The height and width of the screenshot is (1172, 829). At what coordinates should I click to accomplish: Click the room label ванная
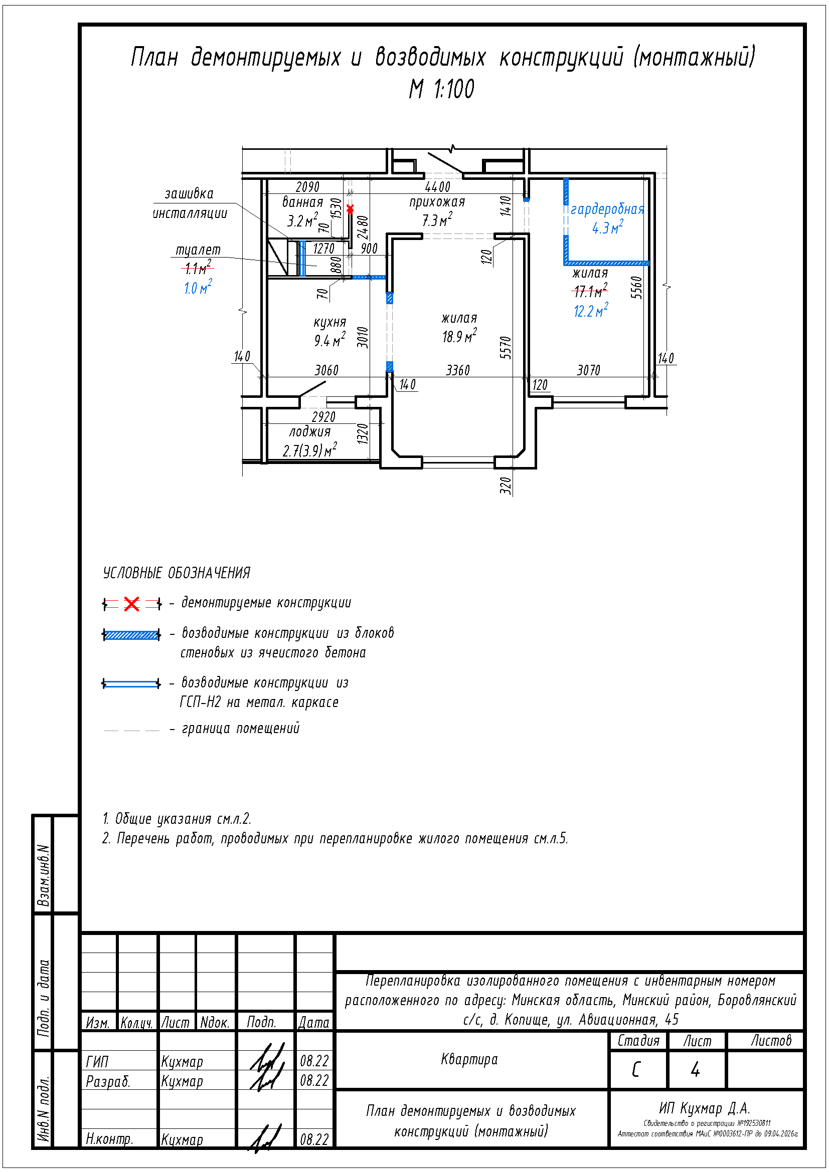(x=302, y=202)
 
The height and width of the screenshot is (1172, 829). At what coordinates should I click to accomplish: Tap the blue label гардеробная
(x=607, y=209)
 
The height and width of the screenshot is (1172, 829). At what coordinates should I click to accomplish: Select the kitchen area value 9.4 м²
(x=329, y=340)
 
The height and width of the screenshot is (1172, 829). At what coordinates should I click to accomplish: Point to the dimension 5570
(x=505, y=348)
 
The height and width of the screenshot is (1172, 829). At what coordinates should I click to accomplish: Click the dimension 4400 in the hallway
(x=438, y=187)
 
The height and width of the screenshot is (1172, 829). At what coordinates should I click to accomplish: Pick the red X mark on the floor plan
(x=350, y=209)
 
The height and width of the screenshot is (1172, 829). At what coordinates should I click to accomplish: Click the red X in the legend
(x=131, y=604)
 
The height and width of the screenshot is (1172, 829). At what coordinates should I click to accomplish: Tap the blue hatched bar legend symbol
(x=131, y=635)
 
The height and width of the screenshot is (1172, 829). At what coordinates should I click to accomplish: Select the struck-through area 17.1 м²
(x=590, y=291)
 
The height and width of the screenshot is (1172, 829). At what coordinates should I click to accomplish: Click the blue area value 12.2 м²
(x=591, y=310)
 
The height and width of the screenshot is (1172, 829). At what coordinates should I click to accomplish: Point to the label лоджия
(x=309, y=432)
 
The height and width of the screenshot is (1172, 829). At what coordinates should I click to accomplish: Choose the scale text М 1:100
(x=441, y=89)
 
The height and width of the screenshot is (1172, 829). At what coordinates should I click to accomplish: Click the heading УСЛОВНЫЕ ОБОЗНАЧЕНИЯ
(x=177, y=573)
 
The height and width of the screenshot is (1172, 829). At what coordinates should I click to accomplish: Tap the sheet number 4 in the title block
(x=695, y=1070)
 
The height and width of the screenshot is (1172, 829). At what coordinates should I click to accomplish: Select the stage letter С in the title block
(x=636, y=1070)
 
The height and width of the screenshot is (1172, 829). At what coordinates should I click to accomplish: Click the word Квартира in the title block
(x=469, y=1060)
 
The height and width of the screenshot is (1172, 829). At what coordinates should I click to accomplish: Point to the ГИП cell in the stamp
(x=97, y=1062)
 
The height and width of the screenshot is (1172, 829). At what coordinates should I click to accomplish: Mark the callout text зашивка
(x=189, y=194)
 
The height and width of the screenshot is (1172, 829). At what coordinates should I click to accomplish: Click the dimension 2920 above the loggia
(x=323, y=417)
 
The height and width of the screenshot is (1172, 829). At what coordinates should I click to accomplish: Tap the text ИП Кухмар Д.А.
(x=704, y=1108)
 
